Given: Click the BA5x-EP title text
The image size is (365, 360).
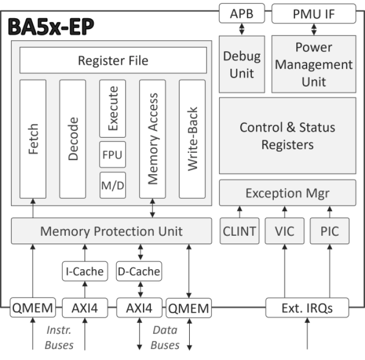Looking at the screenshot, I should (51, 27).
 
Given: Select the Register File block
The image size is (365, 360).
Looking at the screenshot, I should (113, 61).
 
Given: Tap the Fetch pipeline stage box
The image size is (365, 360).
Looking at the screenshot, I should (32, 139).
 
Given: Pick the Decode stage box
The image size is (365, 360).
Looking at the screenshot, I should (73, 139).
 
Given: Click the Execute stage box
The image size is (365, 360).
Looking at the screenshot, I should (113, 108).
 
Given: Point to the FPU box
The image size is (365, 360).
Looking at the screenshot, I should (113, 155).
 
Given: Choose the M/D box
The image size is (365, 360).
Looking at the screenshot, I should (113, 185).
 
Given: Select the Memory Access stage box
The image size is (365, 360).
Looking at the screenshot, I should (152, 139).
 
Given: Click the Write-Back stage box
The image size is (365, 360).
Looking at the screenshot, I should (192, 139).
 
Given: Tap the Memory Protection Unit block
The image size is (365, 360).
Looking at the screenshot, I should (112, 231).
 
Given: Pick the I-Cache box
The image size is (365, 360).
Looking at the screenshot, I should (84, 271).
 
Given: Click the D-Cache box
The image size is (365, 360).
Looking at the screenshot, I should (138, 271).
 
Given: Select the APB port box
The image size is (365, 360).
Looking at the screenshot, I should (241, 13).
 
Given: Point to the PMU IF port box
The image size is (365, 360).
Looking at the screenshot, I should (311, 13).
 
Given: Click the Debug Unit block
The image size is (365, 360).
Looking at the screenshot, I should (241, 65).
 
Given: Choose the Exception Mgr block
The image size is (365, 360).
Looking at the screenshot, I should (287, 194).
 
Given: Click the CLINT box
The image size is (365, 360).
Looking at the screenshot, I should (239, 231).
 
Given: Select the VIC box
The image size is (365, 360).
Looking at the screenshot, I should (285, 231).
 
